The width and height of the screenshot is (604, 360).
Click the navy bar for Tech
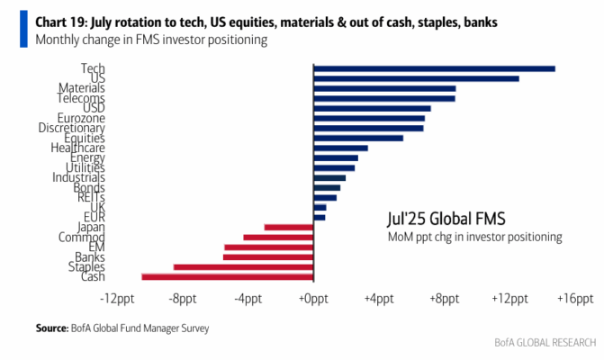(435, 69)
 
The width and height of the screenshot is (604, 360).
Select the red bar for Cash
(228, 277)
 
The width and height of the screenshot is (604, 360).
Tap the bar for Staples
(243, 267)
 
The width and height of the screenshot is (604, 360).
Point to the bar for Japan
(289, 227)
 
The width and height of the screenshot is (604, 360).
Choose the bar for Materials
(385, 88)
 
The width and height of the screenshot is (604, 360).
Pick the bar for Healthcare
(341, 148)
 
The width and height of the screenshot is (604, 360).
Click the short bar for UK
(320, 208)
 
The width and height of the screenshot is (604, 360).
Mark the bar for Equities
(358, 139)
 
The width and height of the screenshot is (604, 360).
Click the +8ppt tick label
(445, 299)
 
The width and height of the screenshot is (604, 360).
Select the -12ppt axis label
(117, 299)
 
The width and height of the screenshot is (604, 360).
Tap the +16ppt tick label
(575, 299)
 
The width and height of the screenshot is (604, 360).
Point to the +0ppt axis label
(313, 299)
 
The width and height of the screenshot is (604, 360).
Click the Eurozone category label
(81, 118)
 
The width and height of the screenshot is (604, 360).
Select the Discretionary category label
(71, 128)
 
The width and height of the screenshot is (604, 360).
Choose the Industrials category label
(78, 177)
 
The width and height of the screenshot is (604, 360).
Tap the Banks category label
(90, 256)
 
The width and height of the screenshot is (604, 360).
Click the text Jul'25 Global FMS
(446, 219)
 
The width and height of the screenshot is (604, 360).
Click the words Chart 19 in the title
(61, 22)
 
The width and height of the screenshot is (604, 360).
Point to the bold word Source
(51, 328)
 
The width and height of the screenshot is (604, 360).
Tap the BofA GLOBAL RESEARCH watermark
(545, 342)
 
